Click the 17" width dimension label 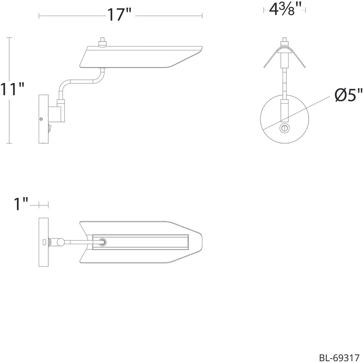coord(119,15)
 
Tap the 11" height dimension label coord(12,89)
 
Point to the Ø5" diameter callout coord(349,95)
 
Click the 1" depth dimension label coord(21,204)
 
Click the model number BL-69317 coord(339,357)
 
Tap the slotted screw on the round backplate coord(285,128)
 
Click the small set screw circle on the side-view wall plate coord(41,119)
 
